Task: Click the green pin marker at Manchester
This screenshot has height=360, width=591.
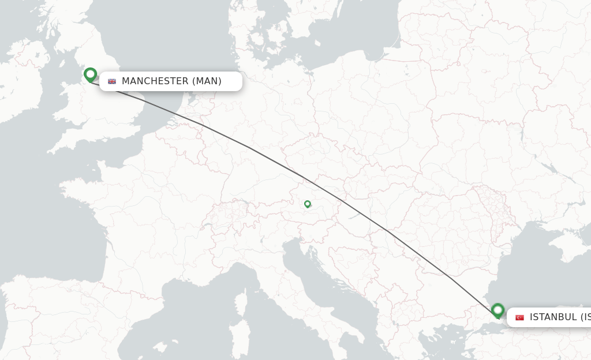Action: pyautogui.click(x=90, y=74)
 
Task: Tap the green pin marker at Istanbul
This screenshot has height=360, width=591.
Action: pyautogui.click(x=498, y=310)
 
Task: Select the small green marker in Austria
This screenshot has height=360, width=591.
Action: pyautogui.click(x=308, y=204)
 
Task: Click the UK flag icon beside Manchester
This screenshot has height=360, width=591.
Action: pyautogui.click(x=112, y=81)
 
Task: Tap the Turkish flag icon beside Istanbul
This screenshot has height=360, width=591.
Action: pyautogui.click(x=519, y=317)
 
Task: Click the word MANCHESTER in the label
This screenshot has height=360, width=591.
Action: pyautogui.click(x=155, y=81)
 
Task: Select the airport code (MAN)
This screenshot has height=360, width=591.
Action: pyautogui.click(x=207, y=81)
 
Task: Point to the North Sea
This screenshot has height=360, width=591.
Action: pyautogui.click(x=185, y=46)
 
